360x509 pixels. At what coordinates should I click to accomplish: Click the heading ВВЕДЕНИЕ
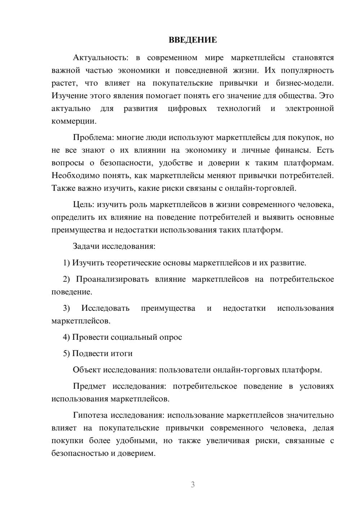pyautogui.click(x=193, y=40)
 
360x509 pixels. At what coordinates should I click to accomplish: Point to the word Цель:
pyautogui.click(x=84, y=205)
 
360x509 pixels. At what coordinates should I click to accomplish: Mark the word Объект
pyautogui.click(x=87, y=370)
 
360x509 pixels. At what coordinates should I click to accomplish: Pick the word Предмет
pyautogui.click(x=89, y=386)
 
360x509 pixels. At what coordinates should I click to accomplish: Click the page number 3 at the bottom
pyautogui.click(x=193, y=485)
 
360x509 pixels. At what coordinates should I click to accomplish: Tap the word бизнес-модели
pyautogui.click(x=305, y=83)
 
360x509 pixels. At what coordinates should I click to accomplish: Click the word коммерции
pyautogui.click(x=74, y=121)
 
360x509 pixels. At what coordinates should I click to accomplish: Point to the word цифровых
pyautogui.click(x=187, y=109)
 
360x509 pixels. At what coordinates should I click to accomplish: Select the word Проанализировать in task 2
pyautogui.click(x=112, y=279)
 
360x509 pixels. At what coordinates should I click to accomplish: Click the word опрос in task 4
pyautogui.click(x=172, y=337)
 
